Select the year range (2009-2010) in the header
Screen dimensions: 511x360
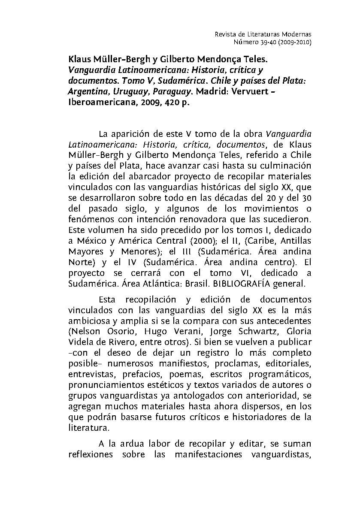(x=295, y=42)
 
